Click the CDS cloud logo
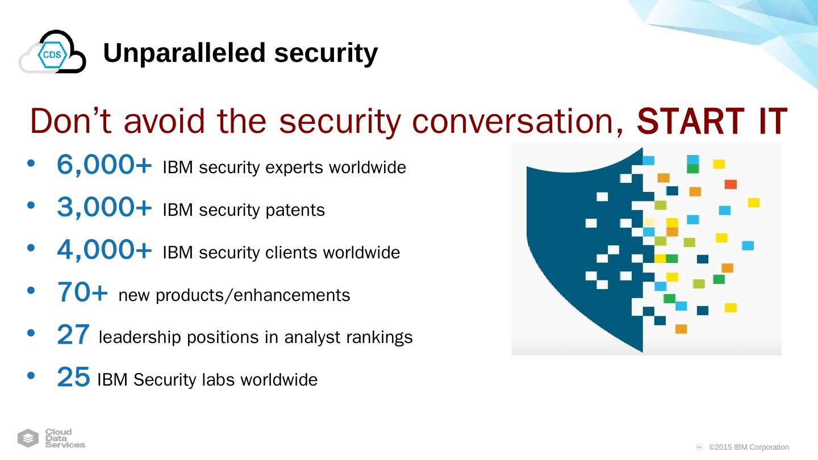[x=52, y=52]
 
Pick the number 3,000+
[x=105, y=207]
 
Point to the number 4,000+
[x=105, y=250]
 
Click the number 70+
[x=82, y=292]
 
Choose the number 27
[x=73, y=335]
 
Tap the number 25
[x=73, y=377]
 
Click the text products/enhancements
[x=253, y=295]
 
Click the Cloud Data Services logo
[x=52, y=438]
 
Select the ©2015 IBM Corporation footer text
[x=749, y=448]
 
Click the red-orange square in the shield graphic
[x=731, y=184]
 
